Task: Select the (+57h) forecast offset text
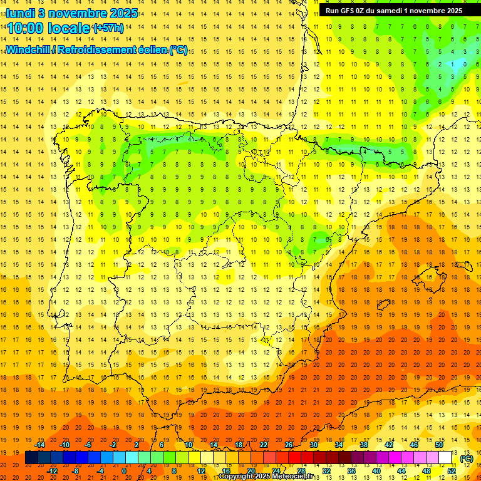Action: [x=108, y=28]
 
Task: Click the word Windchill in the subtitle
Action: [x=28, y=49]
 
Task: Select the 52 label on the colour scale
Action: [x=451, y=471]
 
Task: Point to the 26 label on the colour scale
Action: [x=289, y=445]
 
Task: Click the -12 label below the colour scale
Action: [x=52, y=471]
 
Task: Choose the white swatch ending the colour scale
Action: [x=445, y=458]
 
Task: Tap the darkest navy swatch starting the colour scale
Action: [x=31, y=458]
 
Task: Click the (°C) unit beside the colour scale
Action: [x=466, y=458]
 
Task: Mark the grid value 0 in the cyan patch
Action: [x=464, y=64]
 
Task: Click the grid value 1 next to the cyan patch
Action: [x=452, y=64]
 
